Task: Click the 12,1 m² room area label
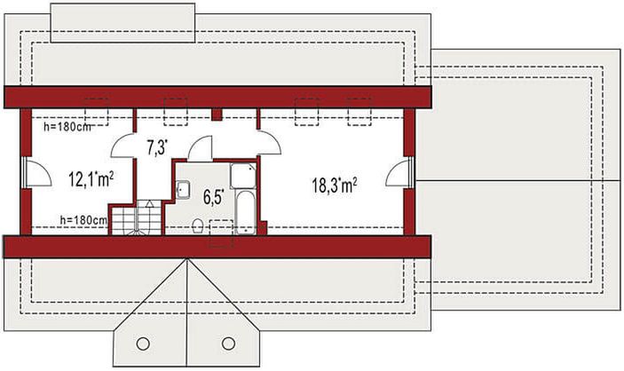[90, 181]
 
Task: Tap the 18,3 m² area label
[335, 185]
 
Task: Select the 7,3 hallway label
[156, 147]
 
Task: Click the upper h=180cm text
[67, 126]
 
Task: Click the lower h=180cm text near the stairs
[83, 219]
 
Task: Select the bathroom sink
[183, 188]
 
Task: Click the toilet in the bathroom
[195, 225]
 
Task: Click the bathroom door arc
[200, 148]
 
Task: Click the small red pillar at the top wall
[217, 114]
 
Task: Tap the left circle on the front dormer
[142, 343]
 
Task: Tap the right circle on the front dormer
[228, 343]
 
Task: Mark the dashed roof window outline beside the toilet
[220, 233]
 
